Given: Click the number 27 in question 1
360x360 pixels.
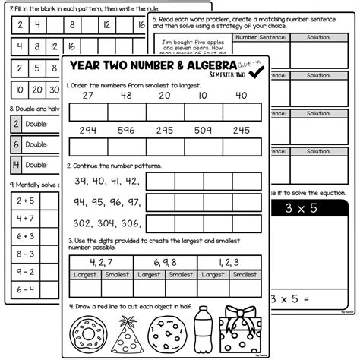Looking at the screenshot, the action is (87, 96).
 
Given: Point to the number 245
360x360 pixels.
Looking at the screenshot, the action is (241, 131).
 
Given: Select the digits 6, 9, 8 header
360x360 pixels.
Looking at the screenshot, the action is (166, 262).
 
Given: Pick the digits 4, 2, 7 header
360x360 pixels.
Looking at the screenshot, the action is (101, 262).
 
